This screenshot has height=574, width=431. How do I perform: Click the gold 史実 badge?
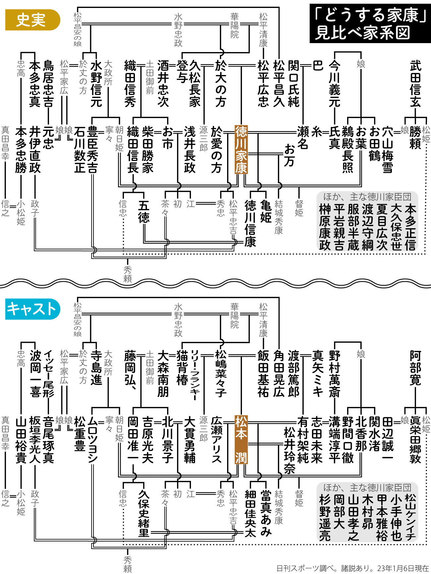pos(32,20)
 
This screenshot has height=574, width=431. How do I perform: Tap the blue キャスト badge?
pos(32,309)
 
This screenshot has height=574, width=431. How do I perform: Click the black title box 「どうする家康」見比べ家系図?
pos(369,24)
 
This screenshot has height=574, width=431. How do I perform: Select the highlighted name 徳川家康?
pos(241,150)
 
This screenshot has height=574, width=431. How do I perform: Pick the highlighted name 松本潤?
pos(241,440)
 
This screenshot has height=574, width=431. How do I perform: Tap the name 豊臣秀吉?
pos(92,150)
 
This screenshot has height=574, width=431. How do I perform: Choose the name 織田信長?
pos(133,150)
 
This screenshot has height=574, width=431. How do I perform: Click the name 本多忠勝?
pos(21,150)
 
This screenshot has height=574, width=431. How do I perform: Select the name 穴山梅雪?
pos(388,150)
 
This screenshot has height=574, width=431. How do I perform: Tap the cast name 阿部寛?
pos(415,368)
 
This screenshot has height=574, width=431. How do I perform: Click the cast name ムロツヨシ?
pos(92,440)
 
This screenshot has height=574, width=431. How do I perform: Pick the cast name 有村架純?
pos(303,440)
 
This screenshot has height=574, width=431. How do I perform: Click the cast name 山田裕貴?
pos(21,440)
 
